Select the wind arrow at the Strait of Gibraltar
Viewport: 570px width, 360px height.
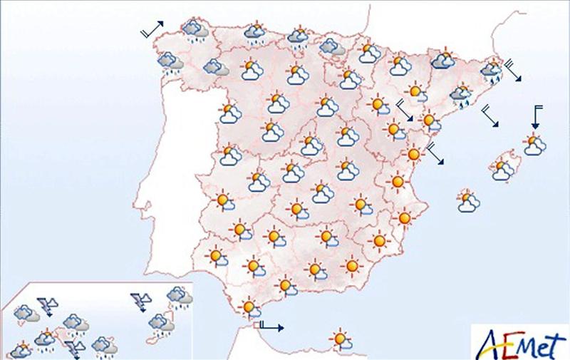[271, 327]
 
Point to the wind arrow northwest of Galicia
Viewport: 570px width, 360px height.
[152, 29]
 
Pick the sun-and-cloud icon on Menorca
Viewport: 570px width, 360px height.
[534, 145]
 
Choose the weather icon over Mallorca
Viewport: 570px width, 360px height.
[504, 169]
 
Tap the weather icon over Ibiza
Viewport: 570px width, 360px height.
[468, 202]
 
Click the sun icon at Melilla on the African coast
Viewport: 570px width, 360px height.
[341, 339]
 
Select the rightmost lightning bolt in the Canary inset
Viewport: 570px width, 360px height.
[140, 302]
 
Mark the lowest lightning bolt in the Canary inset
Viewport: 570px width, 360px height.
[73, 349]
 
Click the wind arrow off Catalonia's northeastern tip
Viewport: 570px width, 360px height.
[514, 72]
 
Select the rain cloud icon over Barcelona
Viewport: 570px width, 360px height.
[462, 93]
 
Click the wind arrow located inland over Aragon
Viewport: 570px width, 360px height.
[404, 111]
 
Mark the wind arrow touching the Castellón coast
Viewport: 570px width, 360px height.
[436, 153]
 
